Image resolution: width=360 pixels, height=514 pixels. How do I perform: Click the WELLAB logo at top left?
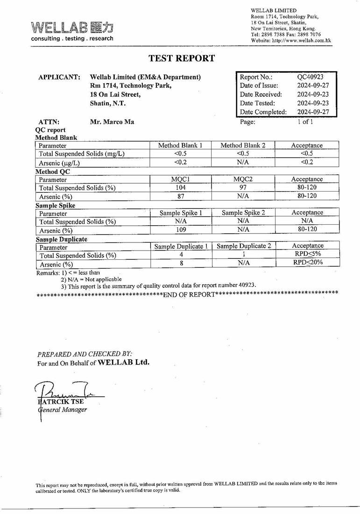point(72,30)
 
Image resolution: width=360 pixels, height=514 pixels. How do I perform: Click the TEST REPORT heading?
point(182,58)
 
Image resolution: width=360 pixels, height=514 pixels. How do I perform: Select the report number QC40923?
point(310,77)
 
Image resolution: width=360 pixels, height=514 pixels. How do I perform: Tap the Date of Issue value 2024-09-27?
point(313,86)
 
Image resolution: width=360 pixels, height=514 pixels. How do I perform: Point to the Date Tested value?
point(313,103)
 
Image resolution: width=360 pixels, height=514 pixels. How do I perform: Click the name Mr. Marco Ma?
point(112,122)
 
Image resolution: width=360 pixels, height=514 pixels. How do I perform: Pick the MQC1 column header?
point(180,179)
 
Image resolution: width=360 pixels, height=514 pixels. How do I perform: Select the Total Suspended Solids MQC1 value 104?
point(180,187)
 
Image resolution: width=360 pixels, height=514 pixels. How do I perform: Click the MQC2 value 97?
point(242,187)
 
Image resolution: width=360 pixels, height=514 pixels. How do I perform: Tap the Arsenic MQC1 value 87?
point(180,196)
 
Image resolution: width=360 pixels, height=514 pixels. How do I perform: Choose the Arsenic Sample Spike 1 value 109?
point(180,229)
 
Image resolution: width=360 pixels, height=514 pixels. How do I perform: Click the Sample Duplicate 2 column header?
point(244,246)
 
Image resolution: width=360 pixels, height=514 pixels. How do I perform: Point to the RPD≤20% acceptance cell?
point(308,263)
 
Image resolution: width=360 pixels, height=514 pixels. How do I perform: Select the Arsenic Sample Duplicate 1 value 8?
point(180,263)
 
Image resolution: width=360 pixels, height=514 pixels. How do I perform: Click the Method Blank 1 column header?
point(180,145)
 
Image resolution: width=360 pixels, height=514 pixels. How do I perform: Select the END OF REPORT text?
point(189,294)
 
